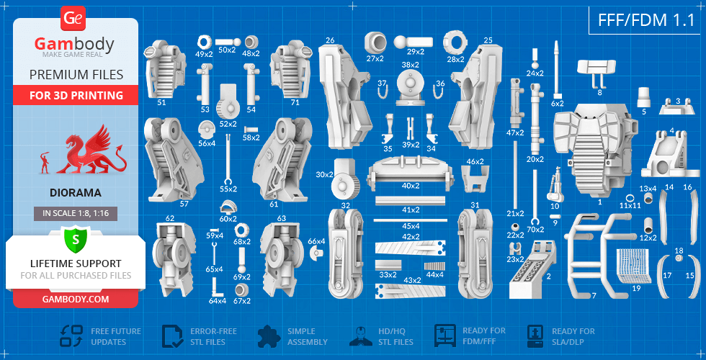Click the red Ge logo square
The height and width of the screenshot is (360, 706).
pyautogui.click(x=74, y=18)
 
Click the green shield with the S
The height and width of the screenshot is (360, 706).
pyautogui.click(x=75, y=238)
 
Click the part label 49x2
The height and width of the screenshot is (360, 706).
pyautogui.click(x=204, y=53)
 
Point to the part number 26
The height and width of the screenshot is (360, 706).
pyautogui.click(x=330, y=40)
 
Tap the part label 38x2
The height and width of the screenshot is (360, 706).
pyautogui.click(x=410, y=65)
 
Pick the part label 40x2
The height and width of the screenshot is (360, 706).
pyautogui.click(x=411, y=186)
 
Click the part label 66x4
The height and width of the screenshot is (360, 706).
pyautogui.click(x=317, y=241)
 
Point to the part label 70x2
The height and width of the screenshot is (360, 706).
pyautogui.click(x=535, y=229)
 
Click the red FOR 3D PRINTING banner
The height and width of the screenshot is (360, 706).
pyautogui.click(x=76, y=95)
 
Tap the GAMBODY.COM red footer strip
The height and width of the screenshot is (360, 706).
pyautogui.click(x=76, y=298)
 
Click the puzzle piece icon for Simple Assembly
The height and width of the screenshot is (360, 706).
pyautogui.click(x=267, y=336)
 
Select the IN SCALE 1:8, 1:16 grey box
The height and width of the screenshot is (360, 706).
pyautogui.click(x=76, y=213)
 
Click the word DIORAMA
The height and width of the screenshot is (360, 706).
pyautogui.click(x=76, y=193)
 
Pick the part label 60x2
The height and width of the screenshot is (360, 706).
pyautogui.click(x=228, y=219)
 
